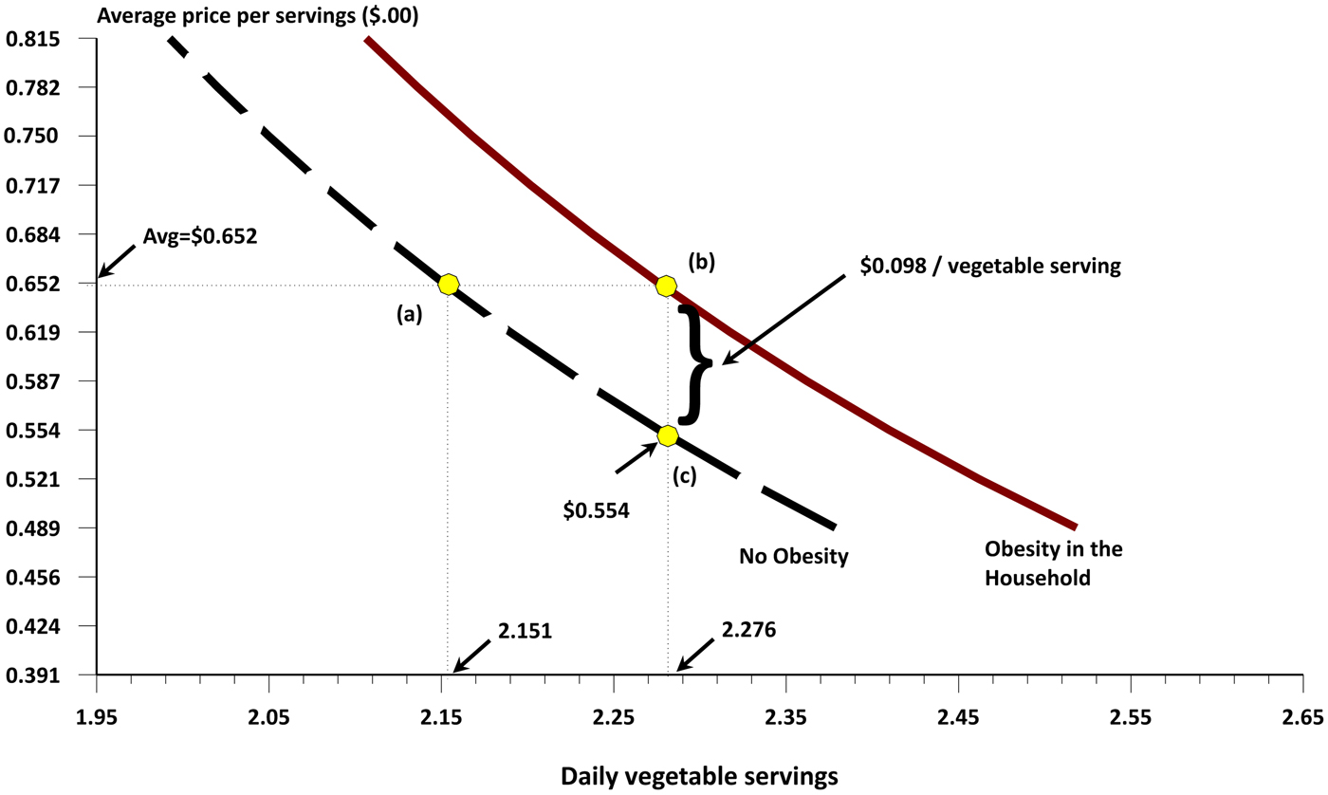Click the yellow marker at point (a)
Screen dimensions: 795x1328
449,284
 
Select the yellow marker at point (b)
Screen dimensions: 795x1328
667,286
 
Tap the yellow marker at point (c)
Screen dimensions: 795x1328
668,435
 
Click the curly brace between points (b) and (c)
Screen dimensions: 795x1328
697,362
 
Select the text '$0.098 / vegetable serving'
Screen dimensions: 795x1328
990,267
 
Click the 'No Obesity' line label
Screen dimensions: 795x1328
792,555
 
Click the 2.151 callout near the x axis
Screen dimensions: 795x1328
523,630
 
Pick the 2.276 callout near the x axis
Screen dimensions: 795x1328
748,630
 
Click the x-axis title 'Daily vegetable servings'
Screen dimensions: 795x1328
699,775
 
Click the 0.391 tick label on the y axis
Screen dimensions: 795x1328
32,675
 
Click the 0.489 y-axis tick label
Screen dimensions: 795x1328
32,528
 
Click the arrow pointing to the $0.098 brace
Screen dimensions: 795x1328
783,319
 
